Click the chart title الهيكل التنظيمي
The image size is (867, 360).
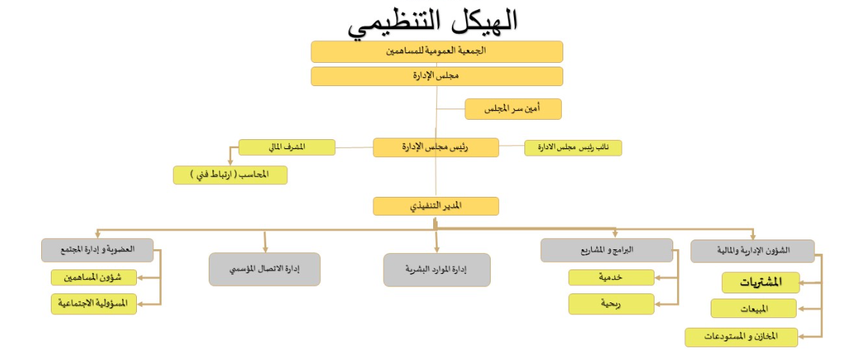(x=433, y=22)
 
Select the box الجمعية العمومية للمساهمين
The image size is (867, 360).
(x=437, y=52)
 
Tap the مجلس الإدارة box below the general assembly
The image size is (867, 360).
(x=437, y=76)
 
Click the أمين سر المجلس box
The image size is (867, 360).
(x=512, y=109)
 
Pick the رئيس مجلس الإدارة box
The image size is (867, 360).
(x=436, y=147)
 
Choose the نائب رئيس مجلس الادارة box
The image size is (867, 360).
(x=573, y=147)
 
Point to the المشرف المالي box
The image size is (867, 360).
(x=287, y=147)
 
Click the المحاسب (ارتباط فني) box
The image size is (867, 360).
(x=230, y=175)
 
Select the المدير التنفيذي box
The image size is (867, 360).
(x=436, y=207)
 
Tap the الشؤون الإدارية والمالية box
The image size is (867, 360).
(x=752, y=251)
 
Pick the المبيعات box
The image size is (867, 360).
(x=754, y=308)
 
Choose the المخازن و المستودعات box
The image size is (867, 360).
(x=741, y=337)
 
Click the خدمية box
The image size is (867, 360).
(x=611, y=278)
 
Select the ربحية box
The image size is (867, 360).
(x=611, y=304)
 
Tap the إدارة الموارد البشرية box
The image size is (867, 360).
(x=437, y=269)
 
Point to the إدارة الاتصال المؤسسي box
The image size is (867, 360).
(x=265, y=269)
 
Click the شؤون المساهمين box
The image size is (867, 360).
(x=94, y=278)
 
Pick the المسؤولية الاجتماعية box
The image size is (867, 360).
(x=94, y=304)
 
